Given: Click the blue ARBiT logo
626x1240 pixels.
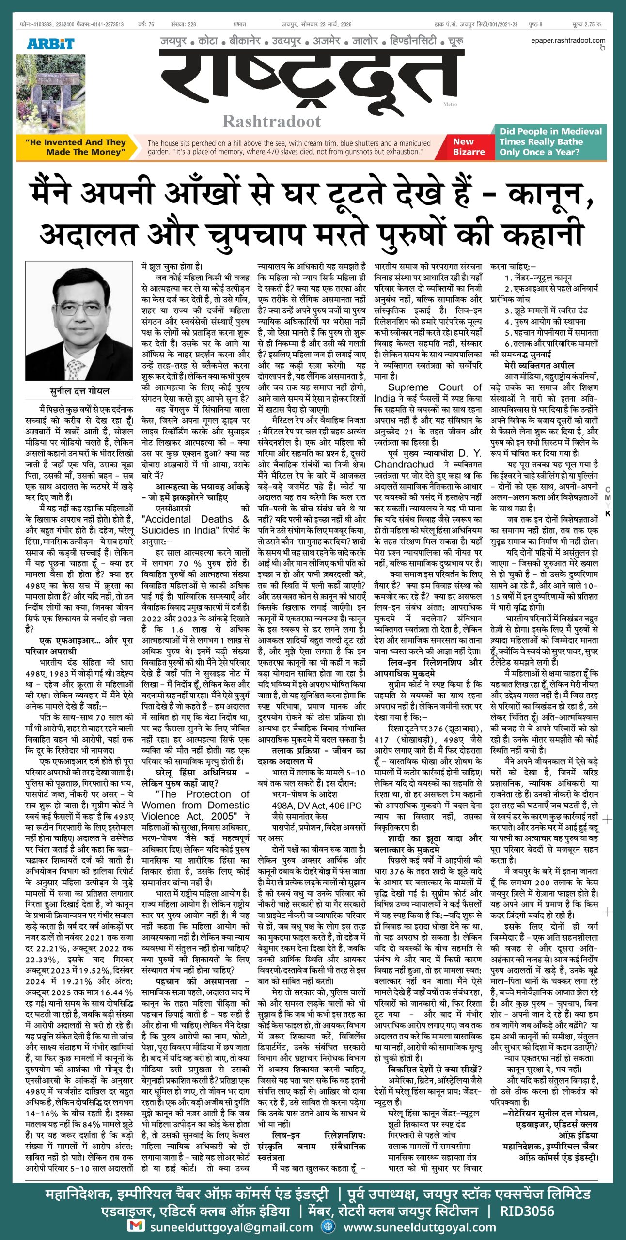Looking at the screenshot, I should coord(50,44).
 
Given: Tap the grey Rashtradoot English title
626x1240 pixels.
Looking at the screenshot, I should coord(271,121).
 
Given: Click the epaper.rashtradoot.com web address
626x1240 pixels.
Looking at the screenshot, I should coord(567,41).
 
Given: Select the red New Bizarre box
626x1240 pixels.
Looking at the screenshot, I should coord(469,147).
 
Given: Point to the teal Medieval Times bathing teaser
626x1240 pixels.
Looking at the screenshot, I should coord(550,141).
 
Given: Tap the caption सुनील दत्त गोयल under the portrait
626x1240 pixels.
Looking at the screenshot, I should coord(79,391).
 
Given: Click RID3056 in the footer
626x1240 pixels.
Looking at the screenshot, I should coord(527,1208).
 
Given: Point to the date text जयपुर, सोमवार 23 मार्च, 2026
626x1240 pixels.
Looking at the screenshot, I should coord(317,24).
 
